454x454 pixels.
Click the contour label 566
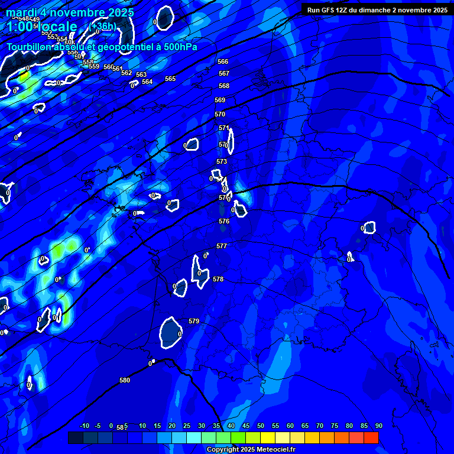point(223,61)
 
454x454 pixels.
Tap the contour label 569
point(220,100)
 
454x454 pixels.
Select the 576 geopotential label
point(223,221)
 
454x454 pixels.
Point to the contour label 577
point(222,246)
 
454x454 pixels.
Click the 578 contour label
point(218,279)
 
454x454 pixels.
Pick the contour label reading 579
point(194,321)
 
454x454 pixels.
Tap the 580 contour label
point(124,380)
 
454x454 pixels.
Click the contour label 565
point(170,79)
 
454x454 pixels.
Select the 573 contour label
point(222,161)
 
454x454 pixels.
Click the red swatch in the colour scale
point(371,437)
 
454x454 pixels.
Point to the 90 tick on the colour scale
point(378,426)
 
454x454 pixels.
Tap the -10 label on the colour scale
point(84,426)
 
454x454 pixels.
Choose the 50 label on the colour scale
point(260,426)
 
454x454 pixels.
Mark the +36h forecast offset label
point(103,26)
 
